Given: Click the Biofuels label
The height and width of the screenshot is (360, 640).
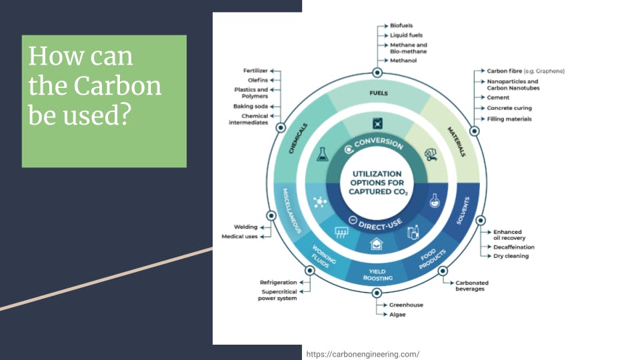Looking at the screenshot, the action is coord(401,25).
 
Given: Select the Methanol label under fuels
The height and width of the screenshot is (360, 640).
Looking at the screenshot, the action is coord(403,61).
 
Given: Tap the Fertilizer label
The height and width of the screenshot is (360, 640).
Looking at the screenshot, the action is coord(255,71).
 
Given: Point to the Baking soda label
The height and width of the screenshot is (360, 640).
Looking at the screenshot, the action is coord(251,106).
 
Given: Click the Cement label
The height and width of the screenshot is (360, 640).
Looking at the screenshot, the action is coord(498,97).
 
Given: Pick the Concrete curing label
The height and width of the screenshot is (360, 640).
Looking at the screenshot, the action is coord(509,108).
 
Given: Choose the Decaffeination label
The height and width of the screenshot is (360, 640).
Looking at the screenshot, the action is coord(514,247).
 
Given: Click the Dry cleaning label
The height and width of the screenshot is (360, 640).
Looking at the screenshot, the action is coord(511,256).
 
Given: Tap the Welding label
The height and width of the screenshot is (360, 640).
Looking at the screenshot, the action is coord(246,227).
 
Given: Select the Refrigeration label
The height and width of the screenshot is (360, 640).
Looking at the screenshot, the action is coord(279,283).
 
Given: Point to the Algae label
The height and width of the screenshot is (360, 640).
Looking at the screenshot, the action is coord(397,315).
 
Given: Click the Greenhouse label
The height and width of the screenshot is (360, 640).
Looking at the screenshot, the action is coord(406,305).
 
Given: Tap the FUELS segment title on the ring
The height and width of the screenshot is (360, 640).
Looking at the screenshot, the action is coord(379,93).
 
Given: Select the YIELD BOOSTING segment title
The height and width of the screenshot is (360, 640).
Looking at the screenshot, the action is coord(377,275).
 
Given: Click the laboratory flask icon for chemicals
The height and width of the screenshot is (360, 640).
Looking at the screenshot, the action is coord(323,154).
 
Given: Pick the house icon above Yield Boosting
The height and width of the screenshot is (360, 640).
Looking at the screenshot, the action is coord(376,244).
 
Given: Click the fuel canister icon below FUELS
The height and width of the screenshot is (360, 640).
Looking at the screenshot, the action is coord(377,123).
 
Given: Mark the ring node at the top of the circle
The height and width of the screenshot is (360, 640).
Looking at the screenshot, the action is coord(377,73).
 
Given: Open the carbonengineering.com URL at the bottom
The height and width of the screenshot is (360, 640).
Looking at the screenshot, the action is coord(363,354).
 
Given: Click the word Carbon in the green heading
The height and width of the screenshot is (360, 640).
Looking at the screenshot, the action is coord(117,86).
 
